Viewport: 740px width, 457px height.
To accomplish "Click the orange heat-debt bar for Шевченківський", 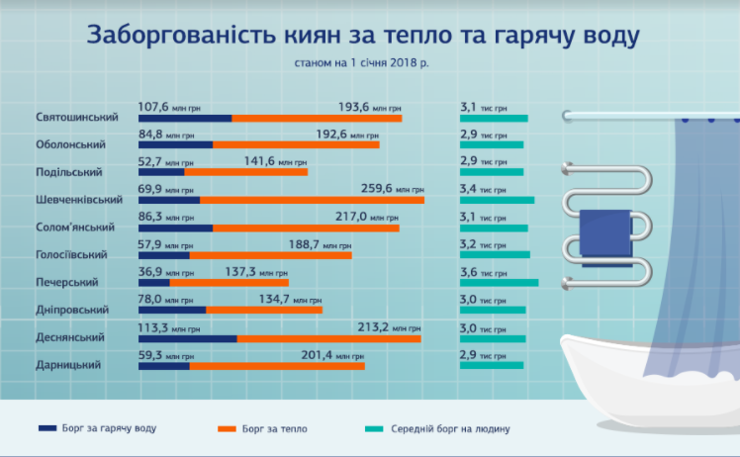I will pyautogui.click(x=312, y=200).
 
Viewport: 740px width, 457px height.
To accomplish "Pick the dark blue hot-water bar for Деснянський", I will pyautogui.click(x=187, y=338).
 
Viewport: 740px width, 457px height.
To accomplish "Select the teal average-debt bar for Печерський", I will pyautogui.click(x=499, y=283).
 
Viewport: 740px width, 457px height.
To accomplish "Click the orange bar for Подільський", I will pyautogui.click(x=245, y=172).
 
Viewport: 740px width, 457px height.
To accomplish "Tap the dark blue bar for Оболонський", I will pyautogui.click(x=175, y=145).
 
